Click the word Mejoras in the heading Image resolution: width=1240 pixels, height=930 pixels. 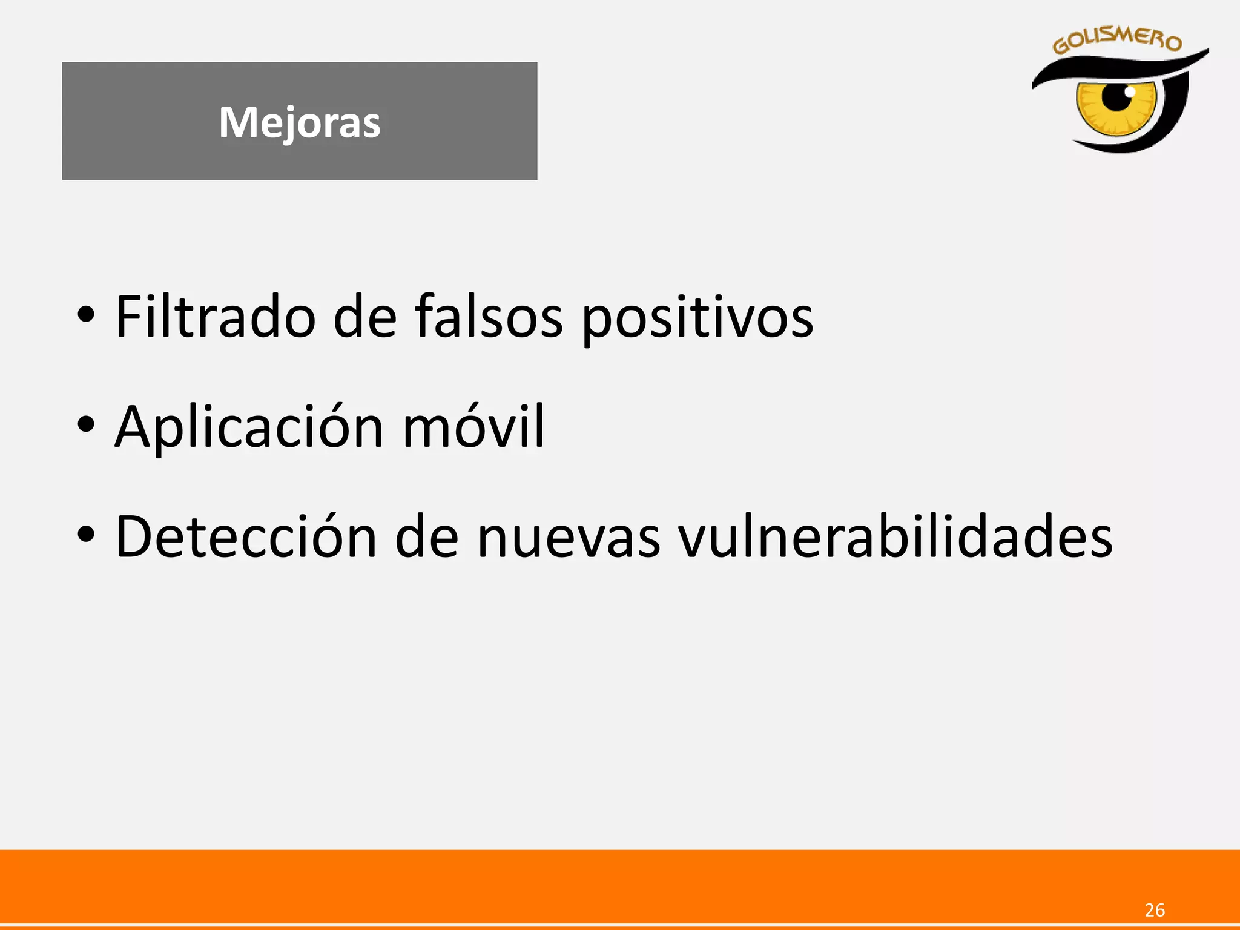pyautogui.click(x=300, y=122)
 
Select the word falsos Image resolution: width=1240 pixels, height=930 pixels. pyautogui.click(x=489, y=317)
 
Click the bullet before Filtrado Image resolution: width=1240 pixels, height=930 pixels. pyautogui.click(x=86, y=315)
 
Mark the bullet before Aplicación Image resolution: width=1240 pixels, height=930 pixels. pyautogui.click(x=86, y=424)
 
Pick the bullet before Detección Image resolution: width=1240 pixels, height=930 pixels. pyautogui.click(x=86, y=535)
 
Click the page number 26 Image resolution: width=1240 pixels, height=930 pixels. pyautogui.click(x=1155, y=910)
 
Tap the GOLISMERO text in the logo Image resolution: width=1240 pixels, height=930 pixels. pyautogui.click(x=1117, y=41)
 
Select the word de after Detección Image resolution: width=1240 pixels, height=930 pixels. pyautogui.click(x=427, y=537)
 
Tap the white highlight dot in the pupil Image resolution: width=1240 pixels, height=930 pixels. pyautogui.click(x=1129, y=91)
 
